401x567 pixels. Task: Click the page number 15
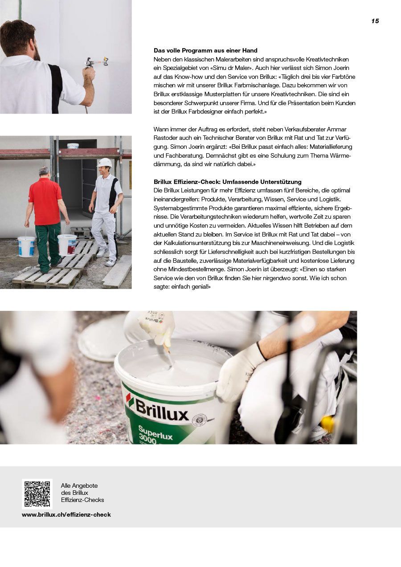pos(375,21)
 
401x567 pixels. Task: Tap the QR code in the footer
pos(37,494)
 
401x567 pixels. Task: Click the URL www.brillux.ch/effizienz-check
pos(66,514)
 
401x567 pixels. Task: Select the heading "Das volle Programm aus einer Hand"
pos(205,51)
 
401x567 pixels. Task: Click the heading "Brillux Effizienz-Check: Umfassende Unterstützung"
pos(227,182)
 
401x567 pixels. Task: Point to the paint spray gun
pos(95,61)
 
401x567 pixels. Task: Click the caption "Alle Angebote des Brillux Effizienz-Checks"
pos(82,493)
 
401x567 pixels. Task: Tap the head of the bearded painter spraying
pos(19,39)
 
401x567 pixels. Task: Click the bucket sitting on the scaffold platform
pos(73,145)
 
